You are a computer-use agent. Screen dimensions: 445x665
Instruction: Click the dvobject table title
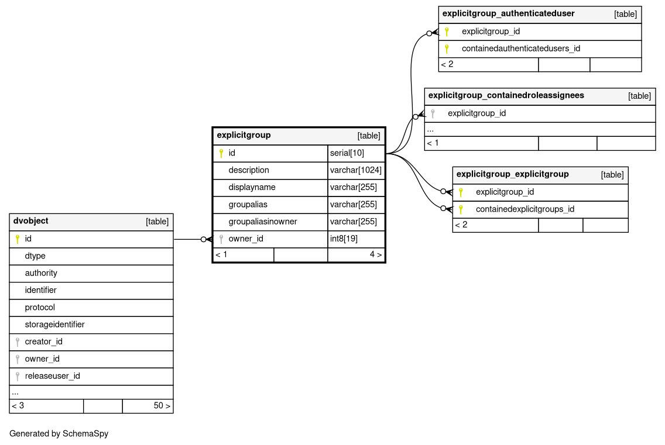click(31, 221)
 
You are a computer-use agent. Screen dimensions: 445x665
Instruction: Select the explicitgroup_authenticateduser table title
click(508, 13)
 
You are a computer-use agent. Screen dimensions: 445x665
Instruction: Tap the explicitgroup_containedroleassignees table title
click(506, 95)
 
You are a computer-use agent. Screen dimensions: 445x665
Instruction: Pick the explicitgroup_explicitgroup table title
click(512, 174)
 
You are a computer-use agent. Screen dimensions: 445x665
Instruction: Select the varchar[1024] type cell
click(355, 170)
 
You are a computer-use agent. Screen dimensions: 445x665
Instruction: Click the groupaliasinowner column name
click(263, 222)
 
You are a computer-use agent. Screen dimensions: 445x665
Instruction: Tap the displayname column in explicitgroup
click(252, 187)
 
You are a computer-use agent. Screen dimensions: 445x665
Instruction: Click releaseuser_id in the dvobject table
click(52, 375)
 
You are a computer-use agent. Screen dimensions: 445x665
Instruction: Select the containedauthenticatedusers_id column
click(520, 49)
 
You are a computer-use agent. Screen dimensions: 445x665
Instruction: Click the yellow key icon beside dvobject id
click(18, 239)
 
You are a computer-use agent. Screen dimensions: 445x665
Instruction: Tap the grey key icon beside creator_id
click(18, 341)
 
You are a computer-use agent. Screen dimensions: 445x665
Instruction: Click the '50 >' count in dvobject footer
click(162, 405)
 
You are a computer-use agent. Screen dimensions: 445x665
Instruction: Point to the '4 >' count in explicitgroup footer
click(375, 254)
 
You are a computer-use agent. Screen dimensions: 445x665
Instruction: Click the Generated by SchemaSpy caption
click(59, 434)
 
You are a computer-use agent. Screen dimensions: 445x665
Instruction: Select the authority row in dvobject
click(41, 273)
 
